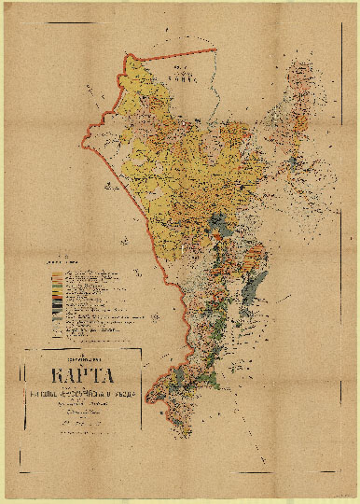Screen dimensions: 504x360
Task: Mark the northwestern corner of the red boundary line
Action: click(126, 57)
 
